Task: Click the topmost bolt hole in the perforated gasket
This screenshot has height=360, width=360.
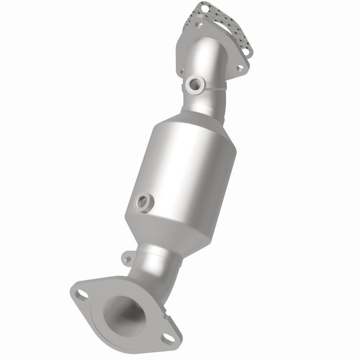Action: tap(205, 8)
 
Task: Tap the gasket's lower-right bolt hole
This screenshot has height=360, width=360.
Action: tap(245, 52)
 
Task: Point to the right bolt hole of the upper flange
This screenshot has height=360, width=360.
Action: tap(240, 67)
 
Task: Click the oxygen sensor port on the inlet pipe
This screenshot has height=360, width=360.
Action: tap(196, 84)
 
